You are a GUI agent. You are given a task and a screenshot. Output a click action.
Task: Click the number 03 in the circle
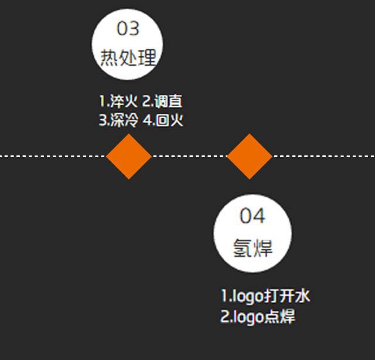click(x=128, y=28)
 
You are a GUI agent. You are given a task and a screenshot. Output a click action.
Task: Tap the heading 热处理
click(x=128, y=57)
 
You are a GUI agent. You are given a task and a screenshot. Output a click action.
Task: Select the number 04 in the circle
click(x=253, y=216)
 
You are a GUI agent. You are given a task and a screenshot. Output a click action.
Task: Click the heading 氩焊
click(x=253, y=247)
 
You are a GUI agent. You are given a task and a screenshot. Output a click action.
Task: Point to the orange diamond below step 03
click(x=129, y=156)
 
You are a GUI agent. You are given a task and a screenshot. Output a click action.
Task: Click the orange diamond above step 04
click(x=250, y=156)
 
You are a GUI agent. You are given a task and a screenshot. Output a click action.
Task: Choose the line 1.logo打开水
click(x=265, y=296)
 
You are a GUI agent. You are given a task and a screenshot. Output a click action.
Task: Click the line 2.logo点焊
click(x=257, y=317)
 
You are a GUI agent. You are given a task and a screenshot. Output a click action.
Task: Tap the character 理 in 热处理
click(x=148, y=57)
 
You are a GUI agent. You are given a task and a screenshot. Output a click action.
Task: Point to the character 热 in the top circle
click(x=110, y=57)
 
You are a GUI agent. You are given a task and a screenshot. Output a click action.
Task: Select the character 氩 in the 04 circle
click(x=242, y=247)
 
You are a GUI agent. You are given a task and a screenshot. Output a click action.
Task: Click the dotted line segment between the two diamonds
click(x=189, y=156)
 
